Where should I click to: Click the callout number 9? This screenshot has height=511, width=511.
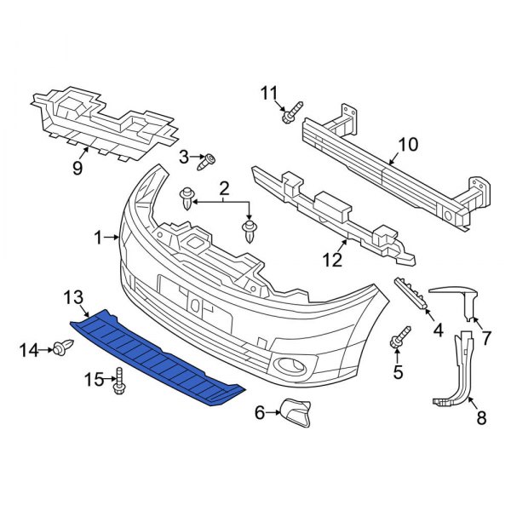click(78, 168)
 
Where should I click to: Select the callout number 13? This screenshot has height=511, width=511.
click(73, 296)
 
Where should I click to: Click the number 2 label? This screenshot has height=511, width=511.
click(224, 187)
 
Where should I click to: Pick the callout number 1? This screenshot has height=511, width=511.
click(99, 236)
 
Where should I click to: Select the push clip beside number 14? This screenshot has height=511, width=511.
click(62, 347)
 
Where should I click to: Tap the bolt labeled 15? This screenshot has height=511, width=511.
click(118, 382)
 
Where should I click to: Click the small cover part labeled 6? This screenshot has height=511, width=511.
click(294, 414)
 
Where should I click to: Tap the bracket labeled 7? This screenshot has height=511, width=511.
click(460, 298)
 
